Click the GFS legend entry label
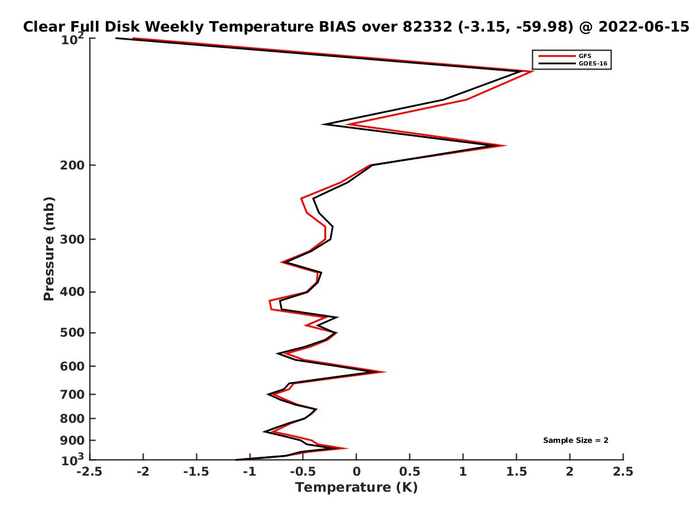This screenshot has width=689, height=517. (x=585, y=56)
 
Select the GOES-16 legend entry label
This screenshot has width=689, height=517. (x=593, y=64)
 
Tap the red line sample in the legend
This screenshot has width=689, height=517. (x=557, y=56)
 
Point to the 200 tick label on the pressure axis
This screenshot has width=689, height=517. (x=72, y=165)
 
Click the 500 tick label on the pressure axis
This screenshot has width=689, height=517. (x=72, y=333)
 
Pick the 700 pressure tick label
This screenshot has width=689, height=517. (x=72, y=395)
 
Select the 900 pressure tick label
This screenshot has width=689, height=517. (x=72, y=441)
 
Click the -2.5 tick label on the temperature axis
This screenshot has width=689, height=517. (x=90, y=472)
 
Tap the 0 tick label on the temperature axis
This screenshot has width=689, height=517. (x=357, y=472)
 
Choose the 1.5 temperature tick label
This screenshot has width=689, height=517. (x=516, y=472)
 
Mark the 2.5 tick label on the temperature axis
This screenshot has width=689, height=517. (x=623, y=472)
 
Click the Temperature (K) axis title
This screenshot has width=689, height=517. (x=357, y=488)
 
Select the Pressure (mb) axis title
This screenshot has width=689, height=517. (x=49, y=249)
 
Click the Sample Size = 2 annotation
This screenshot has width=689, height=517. (x=576, y=441)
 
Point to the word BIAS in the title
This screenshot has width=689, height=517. (x=338, y=27)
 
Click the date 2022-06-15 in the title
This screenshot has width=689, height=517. (x=644, y=27)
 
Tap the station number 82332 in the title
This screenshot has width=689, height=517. (x=427, y=27)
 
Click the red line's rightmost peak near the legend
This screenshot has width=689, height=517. (x=532, y=71)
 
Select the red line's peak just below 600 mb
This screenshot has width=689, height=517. (x=384, y=372)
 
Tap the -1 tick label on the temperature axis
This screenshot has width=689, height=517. (x=250, y=472)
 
